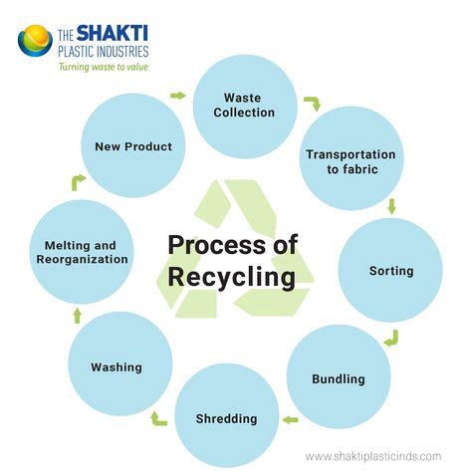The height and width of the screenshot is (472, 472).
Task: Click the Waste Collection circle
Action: click(x=244, y=106)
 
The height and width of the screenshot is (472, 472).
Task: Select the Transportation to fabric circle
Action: click(x=351, y=161)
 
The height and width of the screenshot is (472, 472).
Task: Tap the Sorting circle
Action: click(x=390, y=270)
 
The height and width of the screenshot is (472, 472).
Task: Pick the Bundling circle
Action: click(x=338, y=378)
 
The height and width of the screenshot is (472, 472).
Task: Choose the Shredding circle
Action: click(x=226, y=417)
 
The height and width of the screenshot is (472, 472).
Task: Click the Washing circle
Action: click(x=117, y=366)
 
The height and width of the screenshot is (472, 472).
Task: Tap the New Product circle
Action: click(x=133, y=146)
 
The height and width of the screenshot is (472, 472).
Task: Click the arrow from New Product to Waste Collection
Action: click(x=178, y=96)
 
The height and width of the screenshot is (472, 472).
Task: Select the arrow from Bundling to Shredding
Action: click(x=290, y=419)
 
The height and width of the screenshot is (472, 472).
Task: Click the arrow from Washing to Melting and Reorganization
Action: click(x=77, y=315)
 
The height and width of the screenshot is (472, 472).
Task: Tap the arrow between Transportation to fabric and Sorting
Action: click(x=391, y=206)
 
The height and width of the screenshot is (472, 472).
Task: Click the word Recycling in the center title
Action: click(x=231, y=275)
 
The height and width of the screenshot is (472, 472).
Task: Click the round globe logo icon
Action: click(x=34, y=40)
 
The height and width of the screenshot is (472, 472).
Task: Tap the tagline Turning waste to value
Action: click(x=104, y=68)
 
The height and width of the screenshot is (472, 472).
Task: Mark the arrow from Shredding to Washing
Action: click(x=159, y=418)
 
